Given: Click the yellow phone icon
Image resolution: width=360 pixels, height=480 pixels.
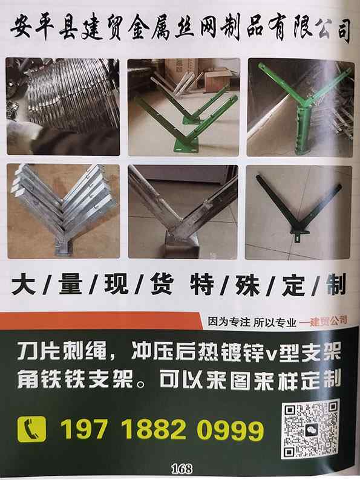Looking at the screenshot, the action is pos(32,429).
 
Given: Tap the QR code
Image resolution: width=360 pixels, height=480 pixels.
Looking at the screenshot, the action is pos(310,430).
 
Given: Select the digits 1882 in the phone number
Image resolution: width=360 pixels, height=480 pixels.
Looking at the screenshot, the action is pos(155,430).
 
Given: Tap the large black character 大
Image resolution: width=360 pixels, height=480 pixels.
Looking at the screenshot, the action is pos(24,285).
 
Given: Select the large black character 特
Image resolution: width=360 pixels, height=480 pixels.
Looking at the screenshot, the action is pos(202,285).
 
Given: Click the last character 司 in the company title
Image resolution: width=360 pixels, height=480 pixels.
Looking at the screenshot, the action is pos(341,31).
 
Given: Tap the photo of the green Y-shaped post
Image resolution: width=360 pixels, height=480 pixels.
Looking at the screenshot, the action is pos(301,107).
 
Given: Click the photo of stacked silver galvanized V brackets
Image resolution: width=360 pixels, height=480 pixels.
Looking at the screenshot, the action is pos(64,211).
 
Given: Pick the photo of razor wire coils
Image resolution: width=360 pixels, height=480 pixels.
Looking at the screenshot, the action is pos(63,106).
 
